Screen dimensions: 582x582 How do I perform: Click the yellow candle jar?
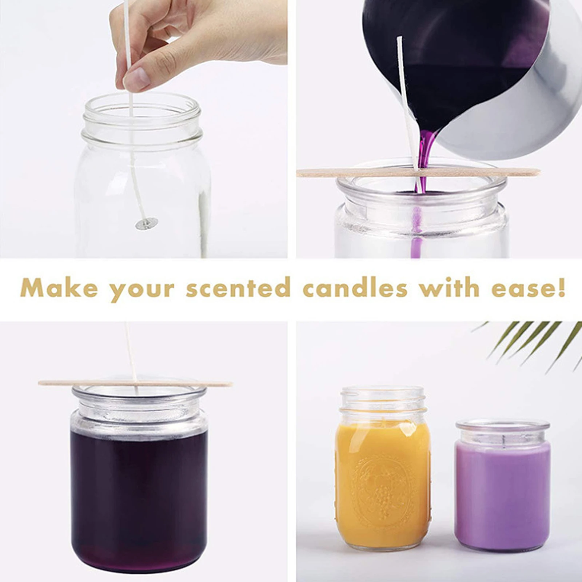click(x=383, y=473)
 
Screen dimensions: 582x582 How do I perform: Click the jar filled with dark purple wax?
click(x=139, y=487)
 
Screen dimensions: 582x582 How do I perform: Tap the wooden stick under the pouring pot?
click(x=473, y=172)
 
